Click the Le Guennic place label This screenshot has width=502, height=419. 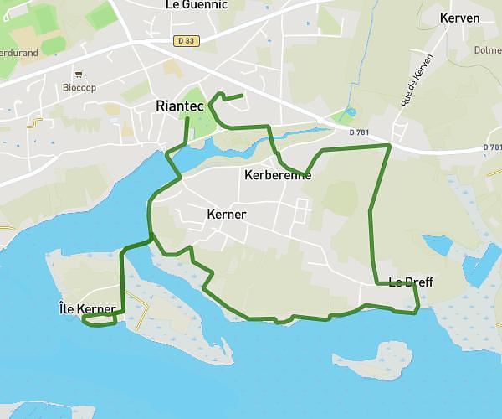(197, 4)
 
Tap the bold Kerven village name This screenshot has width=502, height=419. (459, 18)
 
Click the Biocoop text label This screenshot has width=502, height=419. (80, 86)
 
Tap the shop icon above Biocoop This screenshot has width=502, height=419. (79, 74)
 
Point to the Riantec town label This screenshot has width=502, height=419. (180, 106)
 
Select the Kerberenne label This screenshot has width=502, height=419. (277, 176)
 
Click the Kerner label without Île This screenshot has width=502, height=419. (226, 215)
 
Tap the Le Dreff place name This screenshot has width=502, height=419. (410, 282)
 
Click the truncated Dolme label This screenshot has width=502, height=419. (488, 49)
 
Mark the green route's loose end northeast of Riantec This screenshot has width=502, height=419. (242, 96)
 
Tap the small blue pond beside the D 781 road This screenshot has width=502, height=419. (349, 111)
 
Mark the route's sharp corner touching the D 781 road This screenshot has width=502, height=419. (390, 146)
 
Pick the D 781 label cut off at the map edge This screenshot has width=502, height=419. (493, 147)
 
